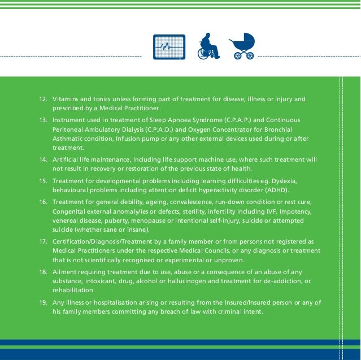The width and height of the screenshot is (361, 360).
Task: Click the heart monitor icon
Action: point(169,47)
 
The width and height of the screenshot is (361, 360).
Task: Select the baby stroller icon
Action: point(242,46)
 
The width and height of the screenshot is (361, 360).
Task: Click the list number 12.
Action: point(42,99)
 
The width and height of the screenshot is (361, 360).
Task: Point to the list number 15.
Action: point(42,180)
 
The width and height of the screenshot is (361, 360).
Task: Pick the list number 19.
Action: point(42,303)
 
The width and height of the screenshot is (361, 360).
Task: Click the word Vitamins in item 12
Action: point(66,99)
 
